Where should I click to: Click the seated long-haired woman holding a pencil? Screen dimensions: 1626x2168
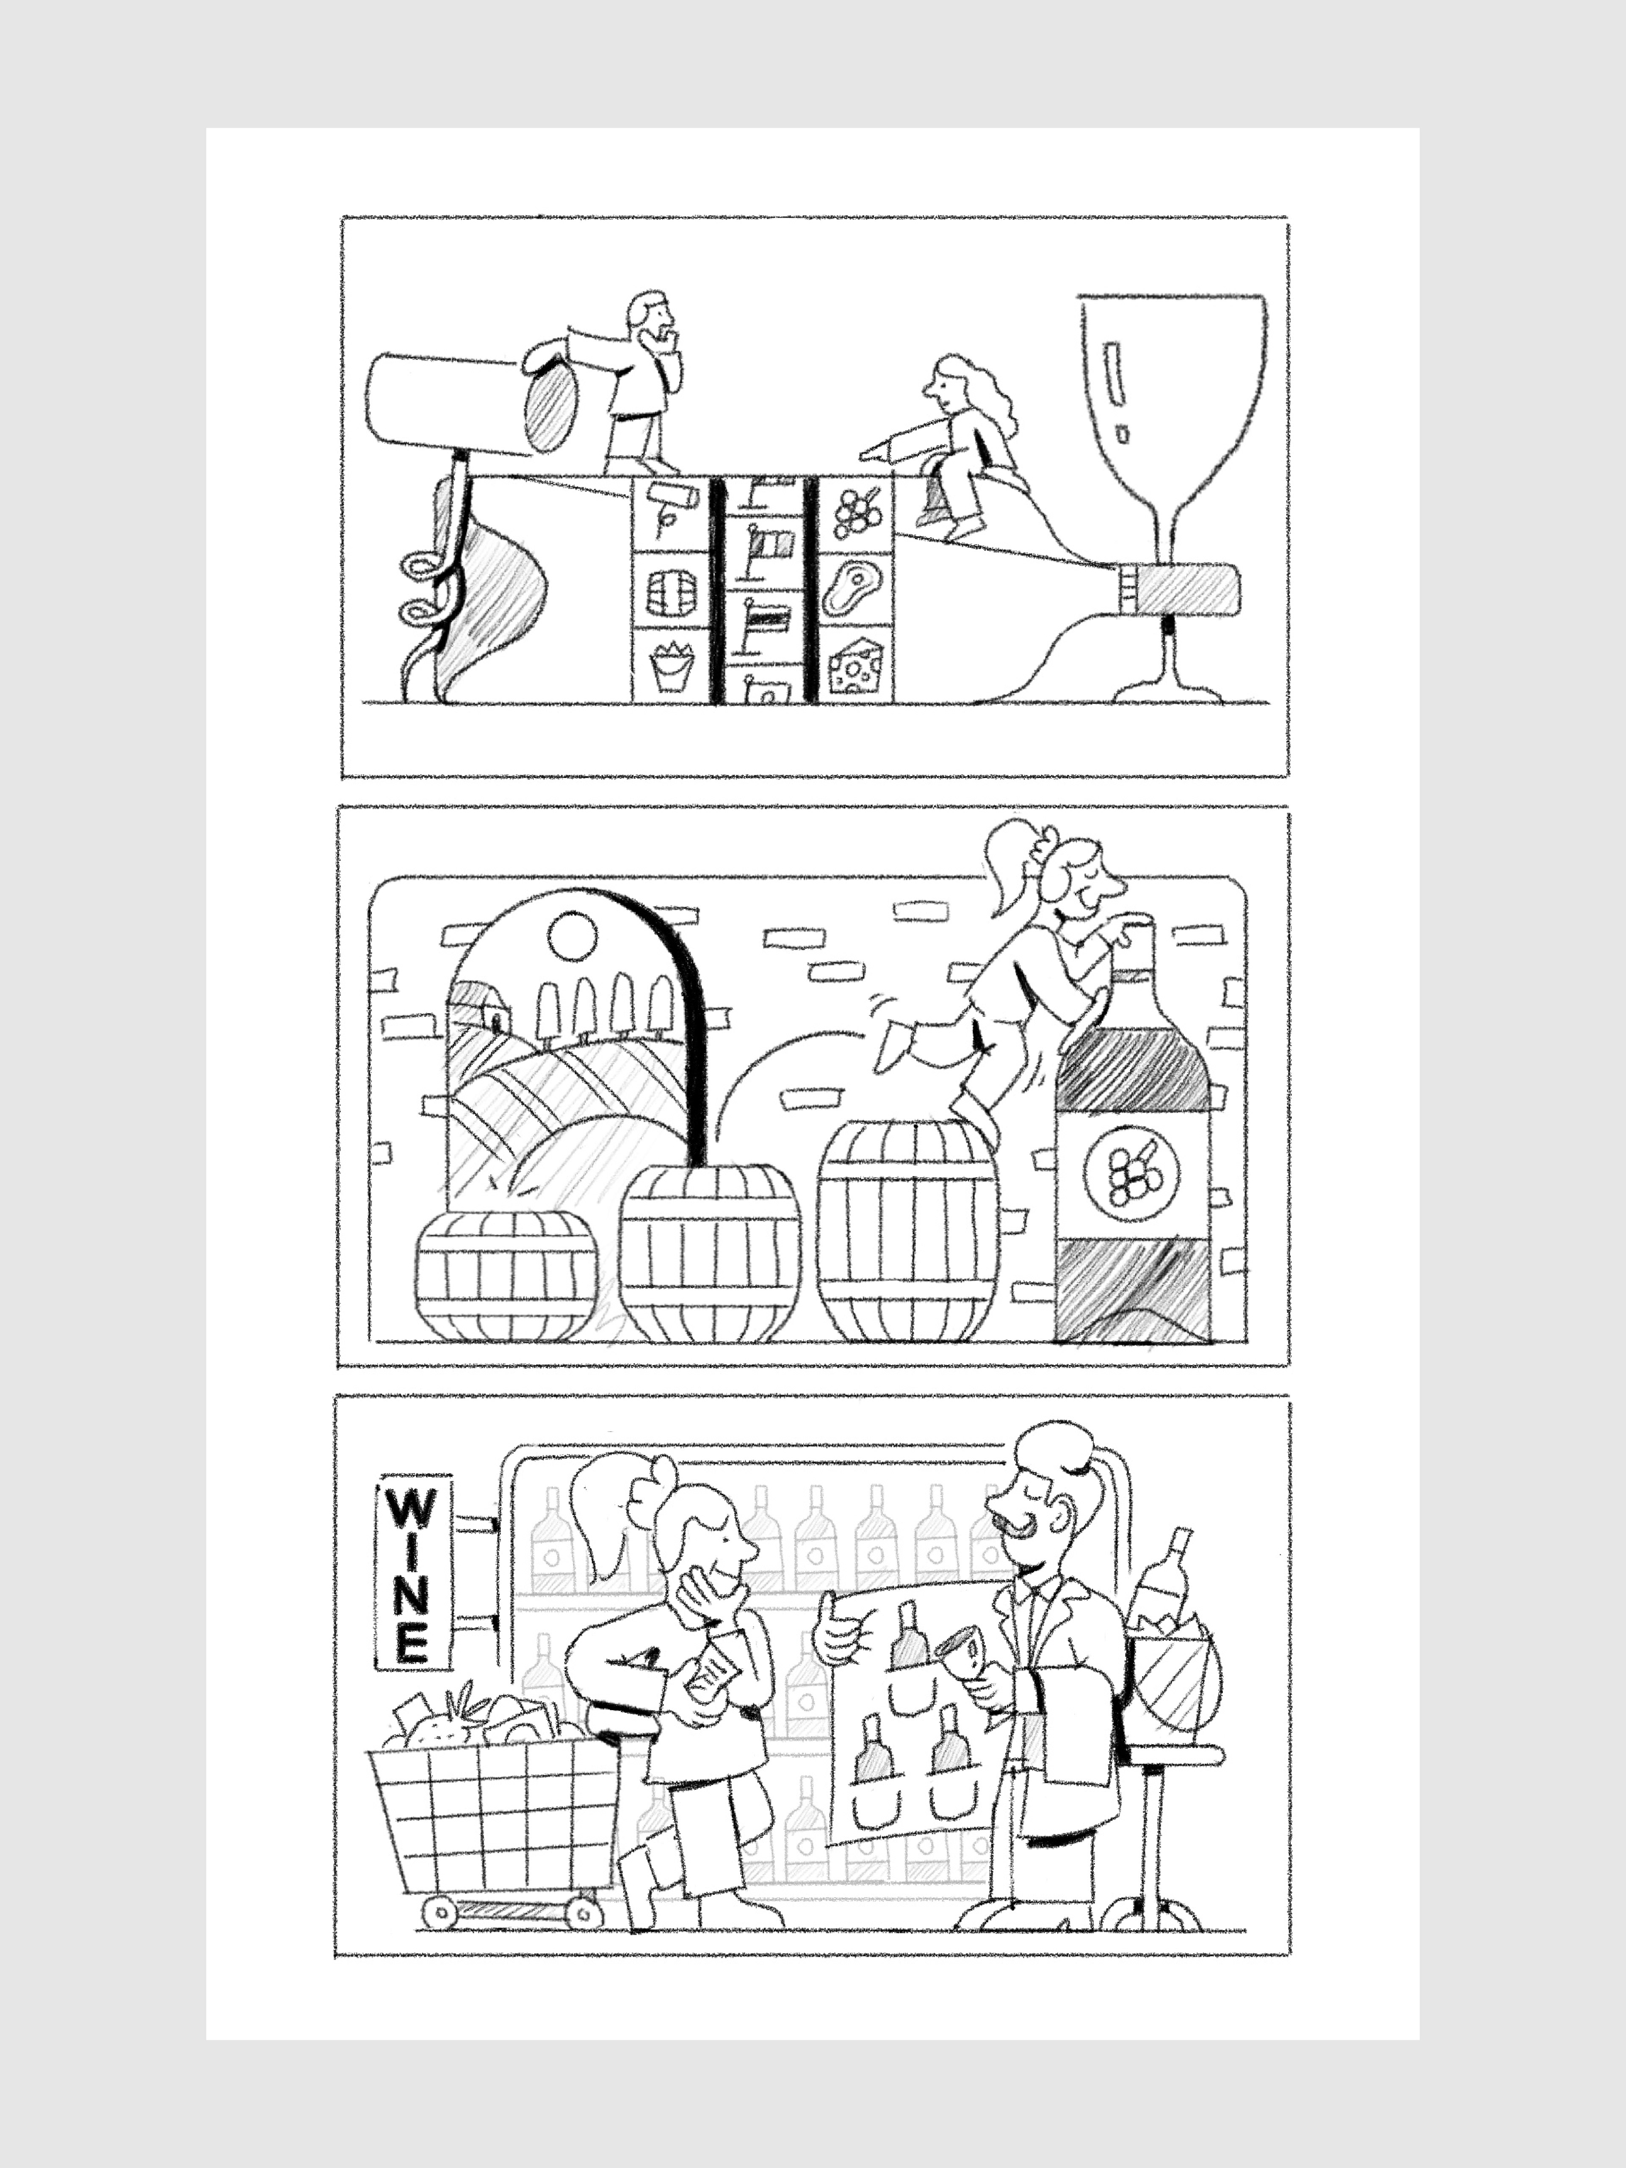[956, 446]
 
